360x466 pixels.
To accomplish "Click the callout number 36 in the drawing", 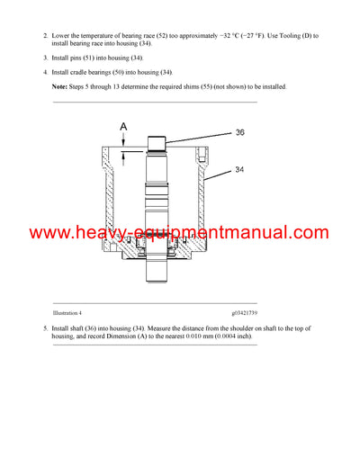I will pos(239,133).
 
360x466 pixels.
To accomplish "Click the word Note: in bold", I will pos(62,87).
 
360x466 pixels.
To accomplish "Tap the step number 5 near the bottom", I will pos(45,329).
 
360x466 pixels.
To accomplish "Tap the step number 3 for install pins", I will pos(45,57).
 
